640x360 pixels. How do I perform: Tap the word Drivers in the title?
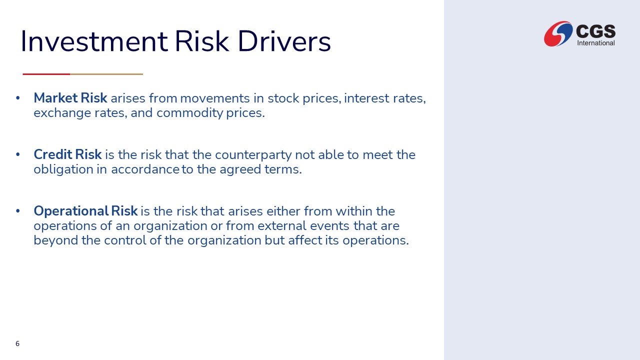point(284,41)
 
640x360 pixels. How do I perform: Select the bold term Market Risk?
point(70,98)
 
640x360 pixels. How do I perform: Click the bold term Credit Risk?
point(67,154)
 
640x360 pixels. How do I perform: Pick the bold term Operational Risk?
point(85,211)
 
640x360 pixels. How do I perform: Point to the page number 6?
point(17,343)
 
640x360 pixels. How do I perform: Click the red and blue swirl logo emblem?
point(558,33)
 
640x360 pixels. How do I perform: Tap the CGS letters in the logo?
point(595,31)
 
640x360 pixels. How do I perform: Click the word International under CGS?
point(595,43)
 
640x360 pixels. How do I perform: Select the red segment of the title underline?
point(46,74)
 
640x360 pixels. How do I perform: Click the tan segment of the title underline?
point(106,74)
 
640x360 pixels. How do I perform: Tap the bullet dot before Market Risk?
point(18,98)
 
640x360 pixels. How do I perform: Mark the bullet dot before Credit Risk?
point(18,154)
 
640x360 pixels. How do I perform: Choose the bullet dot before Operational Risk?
point(18,211)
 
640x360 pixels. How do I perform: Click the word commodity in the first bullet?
point(189,113)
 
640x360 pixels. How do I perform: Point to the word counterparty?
point(253,155)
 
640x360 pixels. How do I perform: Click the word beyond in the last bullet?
point(55,240)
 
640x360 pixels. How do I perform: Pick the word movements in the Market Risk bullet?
point(215,98)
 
